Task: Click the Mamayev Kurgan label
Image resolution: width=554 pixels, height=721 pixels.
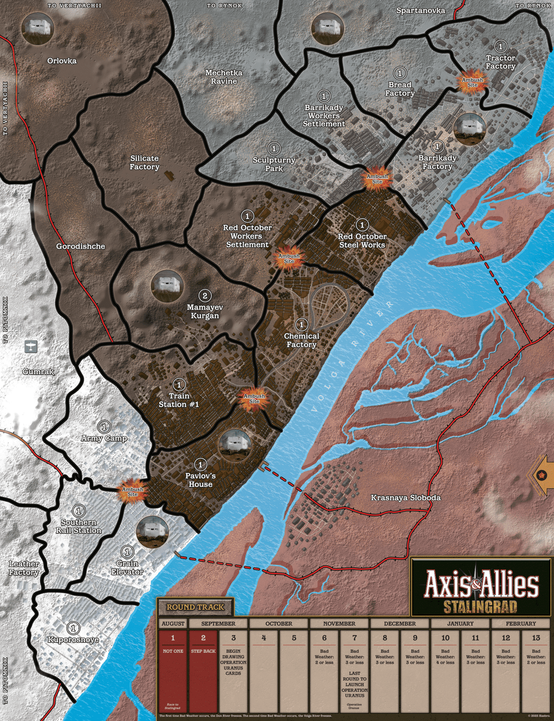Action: (x=204, y=311)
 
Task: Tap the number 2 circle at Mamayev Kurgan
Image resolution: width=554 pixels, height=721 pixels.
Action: (x=205, y=296)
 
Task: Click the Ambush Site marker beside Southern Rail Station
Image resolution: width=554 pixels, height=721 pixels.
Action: (x=132, y=491)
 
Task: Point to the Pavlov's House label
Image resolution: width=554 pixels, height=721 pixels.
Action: (x=200, y=480)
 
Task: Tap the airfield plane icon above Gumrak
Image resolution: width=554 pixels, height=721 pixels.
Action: (x=31, y=346)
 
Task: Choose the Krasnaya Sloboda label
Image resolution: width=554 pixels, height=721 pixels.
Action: (x=405, y=498)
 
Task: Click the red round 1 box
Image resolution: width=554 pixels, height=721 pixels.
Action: (x=173, y=670)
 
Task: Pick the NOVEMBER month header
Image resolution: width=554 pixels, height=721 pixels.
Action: (x=339, y=624)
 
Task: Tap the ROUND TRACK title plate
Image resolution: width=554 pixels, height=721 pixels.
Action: (x=195, y=607)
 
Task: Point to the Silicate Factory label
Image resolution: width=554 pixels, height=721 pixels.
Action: (x=145, y=163)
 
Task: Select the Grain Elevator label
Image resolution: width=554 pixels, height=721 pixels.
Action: (x=128, y=567)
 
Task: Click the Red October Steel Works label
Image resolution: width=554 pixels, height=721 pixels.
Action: (x=362, y=241)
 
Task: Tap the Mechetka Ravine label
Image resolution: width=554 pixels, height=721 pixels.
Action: (x=224, y=77)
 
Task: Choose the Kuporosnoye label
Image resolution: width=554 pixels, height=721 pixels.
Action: (x=73, y=639)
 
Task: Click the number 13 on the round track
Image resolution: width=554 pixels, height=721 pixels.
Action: (x=536, y=638)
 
